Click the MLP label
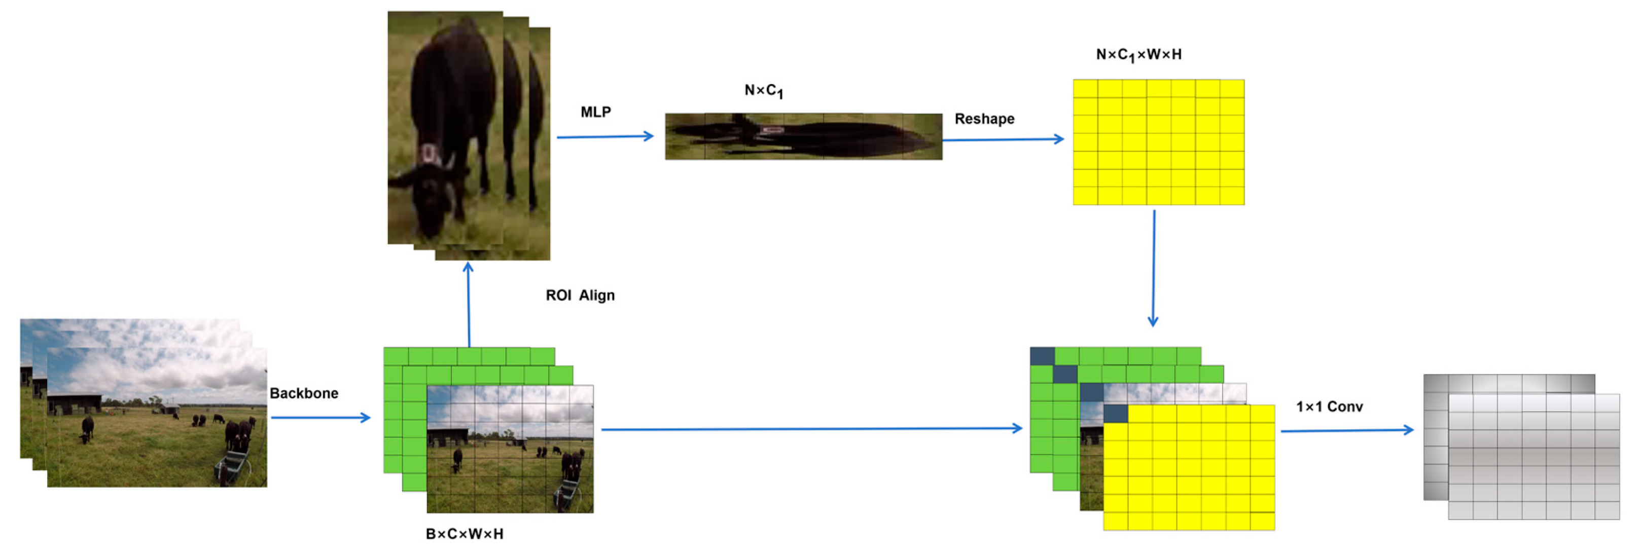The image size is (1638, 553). coord(595,112)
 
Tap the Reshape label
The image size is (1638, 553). coord(984,119)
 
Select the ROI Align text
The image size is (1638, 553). coord(580,295)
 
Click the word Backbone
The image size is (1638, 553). coord(303,393)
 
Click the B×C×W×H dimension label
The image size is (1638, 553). coord(464,534)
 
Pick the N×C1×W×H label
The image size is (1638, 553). coord(1138,55)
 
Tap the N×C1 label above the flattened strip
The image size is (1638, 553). coord(763,91)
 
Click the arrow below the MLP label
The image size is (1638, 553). coord(604,136)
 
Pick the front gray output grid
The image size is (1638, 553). coord(1534,456)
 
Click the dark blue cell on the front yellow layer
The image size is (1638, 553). coord(1115,414)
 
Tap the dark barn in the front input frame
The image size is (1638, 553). coord(74,403)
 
